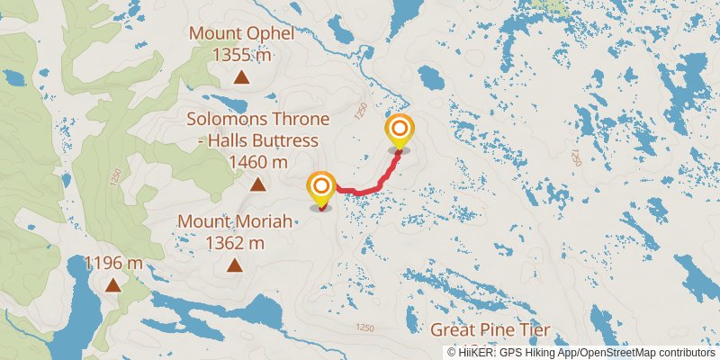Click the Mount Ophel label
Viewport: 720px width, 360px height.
click(x=241, y=34)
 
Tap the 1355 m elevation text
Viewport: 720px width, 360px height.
click(x=241, y=55)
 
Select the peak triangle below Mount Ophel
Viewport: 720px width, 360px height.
click(x=241, y=77)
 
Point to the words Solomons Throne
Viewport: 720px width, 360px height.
click(x=258, y=119)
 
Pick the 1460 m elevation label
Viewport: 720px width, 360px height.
click(x=258, y=162)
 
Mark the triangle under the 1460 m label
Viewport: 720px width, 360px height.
click(x=258, y=185)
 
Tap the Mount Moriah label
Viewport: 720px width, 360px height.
click(x=234, y=220)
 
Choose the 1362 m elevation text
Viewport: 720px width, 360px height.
click(x=234, y=242)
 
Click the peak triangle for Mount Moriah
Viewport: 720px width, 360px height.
click(x=235, y=265)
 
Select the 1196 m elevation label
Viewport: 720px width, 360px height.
click(x=113, y=263)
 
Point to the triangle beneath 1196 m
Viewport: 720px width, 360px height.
click(x=112, y=285)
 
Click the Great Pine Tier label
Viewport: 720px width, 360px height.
click(x=490, y=329)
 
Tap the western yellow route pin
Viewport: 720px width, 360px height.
click(x=321, y=189)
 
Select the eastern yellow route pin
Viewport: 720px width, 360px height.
click(x=399, y=132)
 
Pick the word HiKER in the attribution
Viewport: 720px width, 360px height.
click(x=476, y=353)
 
